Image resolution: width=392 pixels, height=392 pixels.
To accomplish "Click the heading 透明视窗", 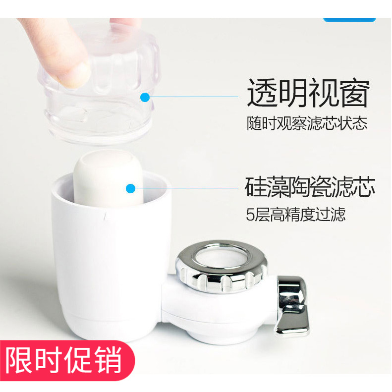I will click(x=308, y=93).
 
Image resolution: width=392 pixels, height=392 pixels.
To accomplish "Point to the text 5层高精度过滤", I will click(x=296, y=215).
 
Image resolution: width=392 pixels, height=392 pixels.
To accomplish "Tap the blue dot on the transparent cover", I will click(x=145, y=97).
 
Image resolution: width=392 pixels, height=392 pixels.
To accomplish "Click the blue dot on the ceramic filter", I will click(x=130, y=188).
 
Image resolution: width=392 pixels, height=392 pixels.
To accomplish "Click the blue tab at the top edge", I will click(x=349, y=19).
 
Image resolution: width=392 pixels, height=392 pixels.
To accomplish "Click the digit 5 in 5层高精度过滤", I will click(x=250, y=216).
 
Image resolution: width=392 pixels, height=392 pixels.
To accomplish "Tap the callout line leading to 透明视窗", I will click(x=193, y=97).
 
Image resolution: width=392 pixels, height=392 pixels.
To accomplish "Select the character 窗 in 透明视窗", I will click(x=354, y=93).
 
